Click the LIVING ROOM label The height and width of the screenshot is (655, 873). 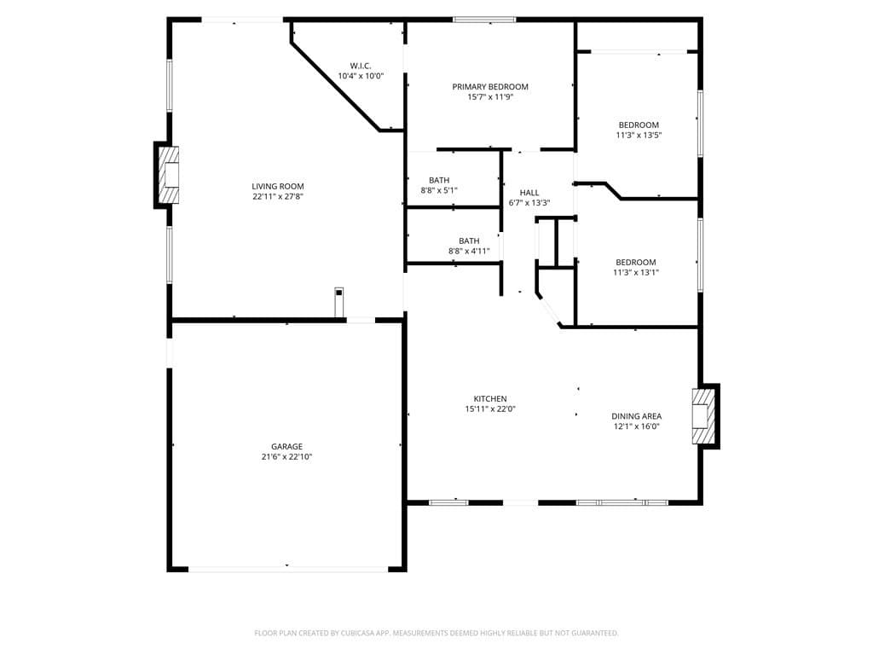pyautogui.click(x=278, y=186)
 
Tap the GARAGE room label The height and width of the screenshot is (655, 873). pyautogui.click(x=286, y=446)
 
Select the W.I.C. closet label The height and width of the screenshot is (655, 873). pyautogui.click(x=361, y=66)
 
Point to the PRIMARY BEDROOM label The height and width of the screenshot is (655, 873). pyautogui.click(x=490, y=86)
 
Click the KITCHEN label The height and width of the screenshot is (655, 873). pyautogui.click(x=490, y=398)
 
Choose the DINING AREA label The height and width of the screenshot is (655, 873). pyautogui.click(x=636, y=416)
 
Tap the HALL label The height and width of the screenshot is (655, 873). pyautogui.click(x=529, y=193)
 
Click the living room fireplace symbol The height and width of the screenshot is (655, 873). pyautogui.click(x=169, y=175)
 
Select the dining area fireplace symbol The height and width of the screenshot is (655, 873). pyautogui.click(x=703, y=416)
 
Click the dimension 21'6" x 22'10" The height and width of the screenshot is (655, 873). pyautogui.click(x=286, y=457)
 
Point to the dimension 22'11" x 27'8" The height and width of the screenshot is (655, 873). pyautogui.click(x=278, y=197)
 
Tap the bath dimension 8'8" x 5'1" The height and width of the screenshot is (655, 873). pyautogui.click(x=439, y=190)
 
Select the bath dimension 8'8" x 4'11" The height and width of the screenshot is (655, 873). pyautogui.click(x=469, y=252)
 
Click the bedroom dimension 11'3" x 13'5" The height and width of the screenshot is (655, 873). pyautogui.click(x=639, y=135)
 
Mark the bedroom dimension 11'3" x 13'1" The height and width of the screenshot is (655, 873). pyautogui.click(x=636, y=273)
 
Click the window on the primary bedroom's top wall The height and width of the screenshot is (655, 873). pyautogui.click(x=484, y=19)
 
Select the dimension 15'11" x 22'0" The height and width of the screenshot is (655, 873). pyautogui.click(x=490, y=409)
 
